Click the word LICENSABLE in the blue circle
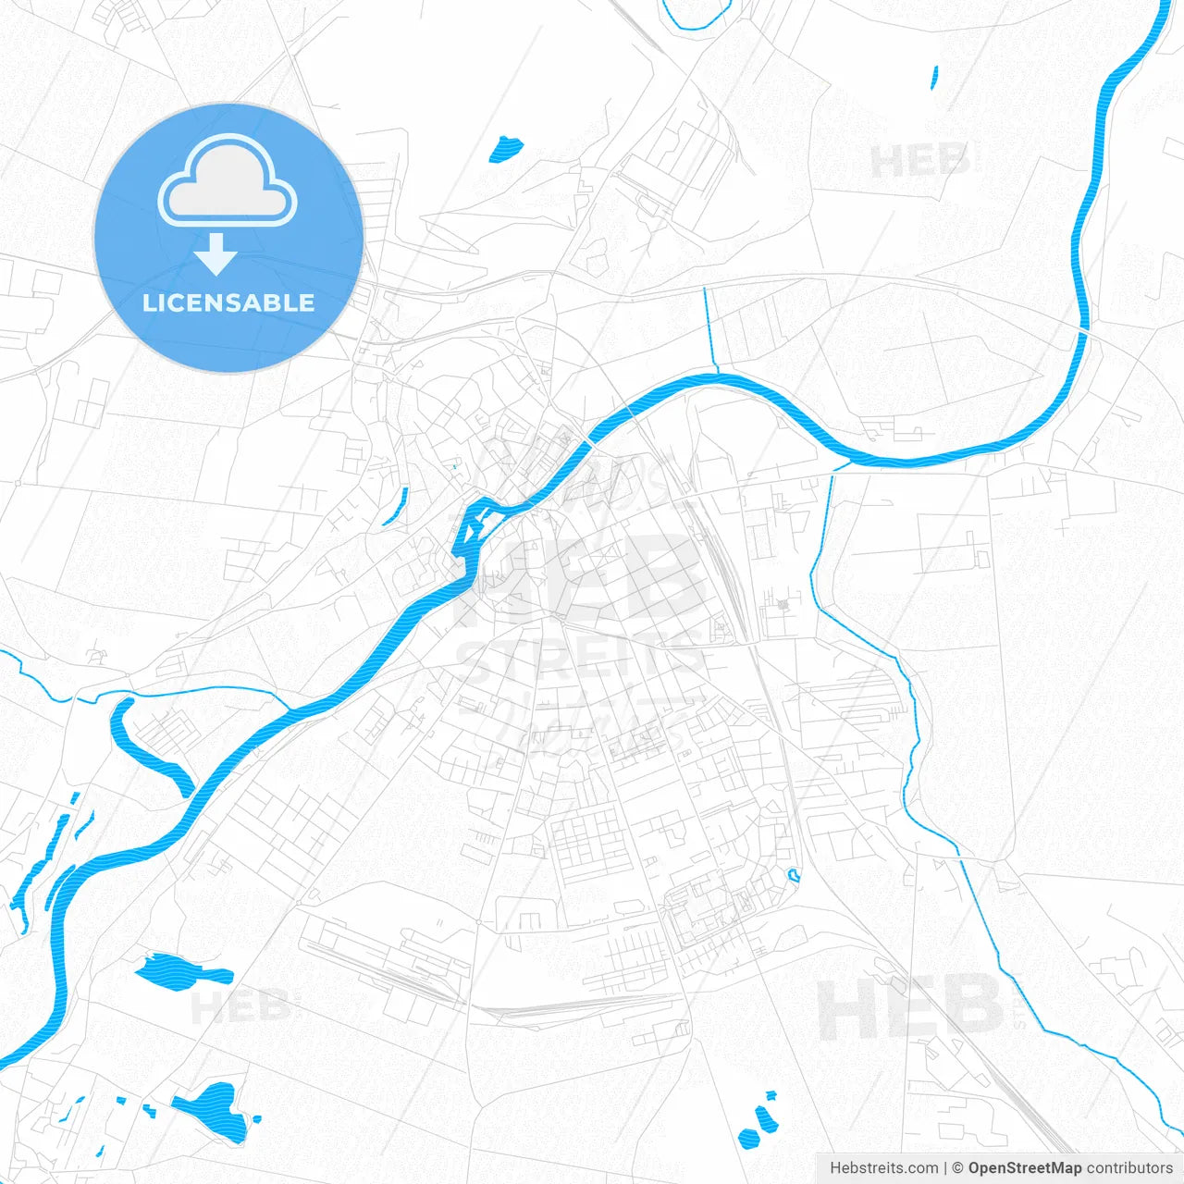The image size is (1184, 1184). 228,303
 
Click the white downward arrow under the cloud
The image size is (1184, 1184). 216,254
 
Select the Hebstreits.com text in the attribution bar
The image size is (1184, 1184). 883,1168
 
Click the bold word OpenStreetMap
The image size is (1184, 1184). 1024,1168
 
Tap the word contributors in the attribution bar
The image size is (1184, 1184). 1129,1168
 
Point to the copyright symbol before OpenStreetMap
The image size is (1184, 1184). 958,1168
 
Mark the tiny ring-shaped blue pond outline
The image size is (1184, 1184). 793,874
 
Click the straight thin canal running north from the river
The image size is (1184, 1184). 709,328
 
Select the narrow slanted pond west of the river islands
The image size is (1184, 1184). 396,507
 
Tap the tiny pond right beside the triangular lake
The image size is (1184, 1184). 256,1118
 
